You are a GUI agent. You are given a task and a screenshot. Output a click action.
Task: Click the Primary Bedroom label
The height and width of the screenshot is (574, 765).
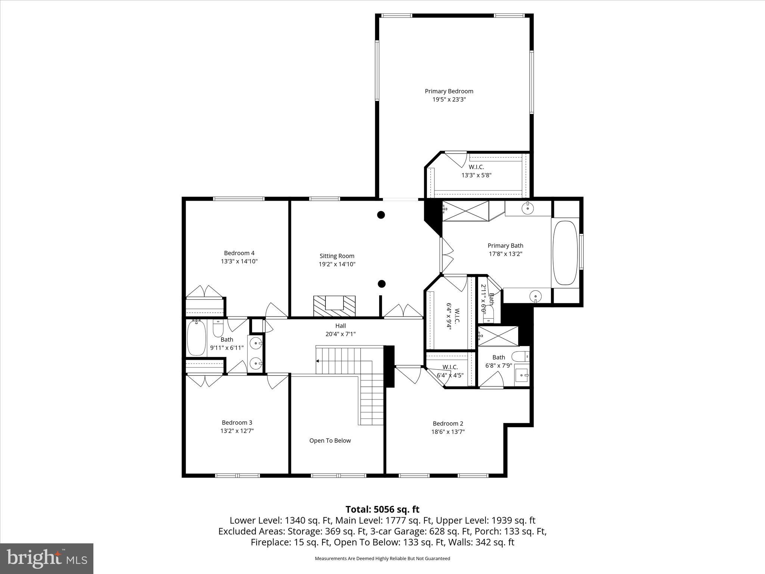coord(449,91)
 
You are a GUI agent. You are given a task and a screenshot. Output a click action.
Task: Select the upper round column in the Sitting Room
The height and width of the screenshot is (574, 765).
coord(381,215)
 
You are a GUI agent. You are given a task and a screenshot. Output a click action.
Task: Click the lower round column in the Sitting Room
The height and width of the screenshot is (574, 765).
coord(381,284)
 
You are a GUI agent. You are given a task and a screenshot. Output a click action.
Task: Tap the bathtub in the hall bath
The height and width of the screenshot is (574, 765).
coord(196,338)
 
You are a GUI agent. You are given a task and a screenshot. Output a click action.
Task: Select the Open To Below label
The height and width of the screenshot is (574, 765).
coord(330,441)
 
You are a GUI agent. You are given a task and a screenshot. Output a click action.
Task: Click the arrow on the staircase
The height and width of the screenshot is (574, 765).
coord(318,361)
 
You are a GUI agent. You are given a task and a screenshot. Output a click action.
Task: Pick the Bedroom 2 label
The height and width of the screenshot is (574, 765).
coord(448,423)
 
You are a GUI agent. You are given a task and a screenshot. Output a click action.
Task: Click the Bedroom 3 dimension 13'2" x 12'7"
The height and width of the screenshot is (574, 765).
coord(237,431)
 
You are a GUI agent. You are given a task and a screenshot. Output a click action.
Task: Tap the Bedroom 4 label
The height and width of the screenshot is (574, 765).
coord(239,253)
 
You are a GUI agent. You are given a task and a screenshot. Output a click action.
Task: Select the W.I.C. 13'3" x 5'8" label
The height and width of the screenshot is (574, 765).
coord(476,171)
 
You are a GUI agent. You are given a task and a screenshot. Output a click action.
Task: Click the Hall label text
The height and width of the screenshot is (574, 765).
coord(340,326)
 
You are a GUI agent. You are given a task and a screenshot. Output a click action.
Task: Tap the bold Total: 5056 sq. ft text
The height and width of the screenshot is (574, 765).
coord(382,509)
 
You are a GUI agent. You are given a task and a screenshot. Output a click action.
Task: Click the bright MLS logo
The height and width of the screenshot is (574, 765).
coord(47,558)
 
